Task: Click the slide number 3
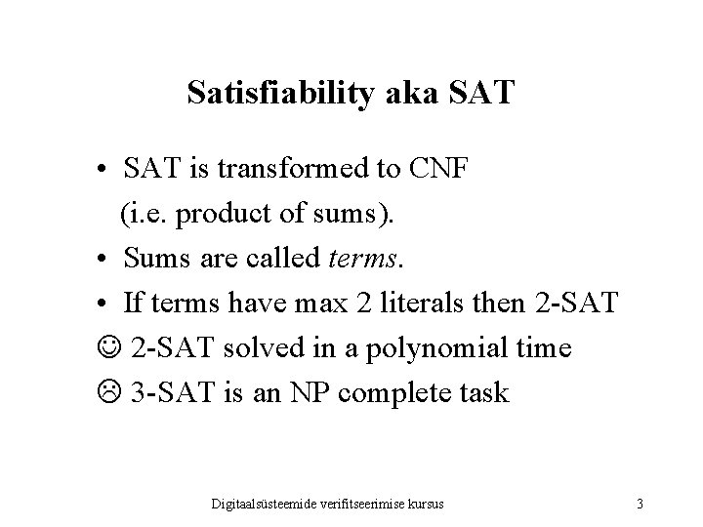[x=639, y=504]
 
